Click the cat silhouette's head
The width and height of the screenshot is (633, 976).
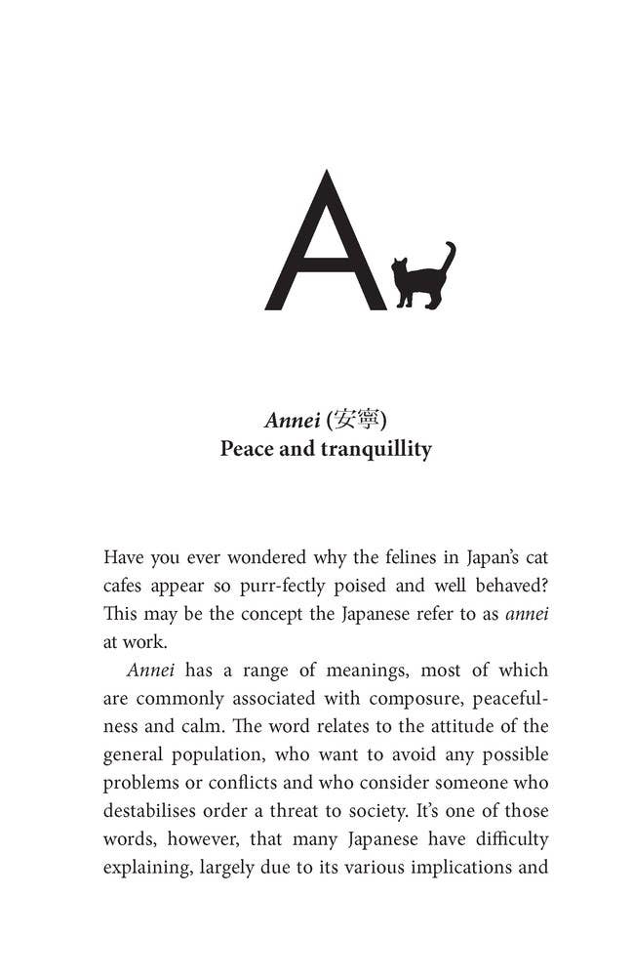click(399, 265)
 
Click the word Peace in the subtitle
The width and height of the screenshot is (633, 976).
click(249, 450)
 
